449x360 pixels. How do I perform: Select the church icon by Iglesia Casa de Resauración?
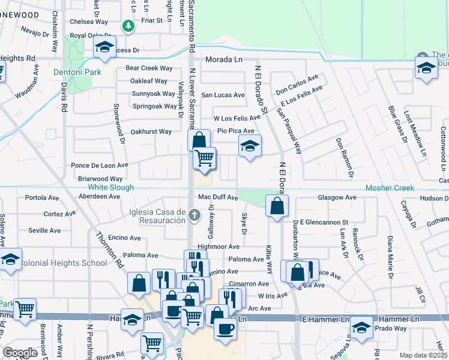tap(194, 214)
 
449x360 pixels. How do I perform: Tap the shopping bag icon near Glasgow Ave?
tap(276, 206)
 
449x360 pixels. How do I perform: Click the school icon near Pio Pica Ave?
tap(250, 146)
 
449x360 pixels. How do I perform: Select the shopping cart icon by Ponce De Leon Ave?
tap(205, 158)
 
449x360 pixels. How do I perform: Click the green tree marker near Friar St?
tap(128, 26)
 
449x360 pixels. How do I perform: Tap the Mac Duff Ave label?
tap(218, 197)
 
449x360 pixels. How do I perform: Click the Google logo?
tap(20, 352)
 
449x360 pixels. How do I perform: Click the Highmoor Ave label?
tap(218, 247)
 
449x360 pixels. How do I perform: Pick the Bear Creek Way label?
tap(149, 68)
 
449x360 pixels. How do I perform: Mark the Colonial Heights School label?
tap(55, 263)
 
